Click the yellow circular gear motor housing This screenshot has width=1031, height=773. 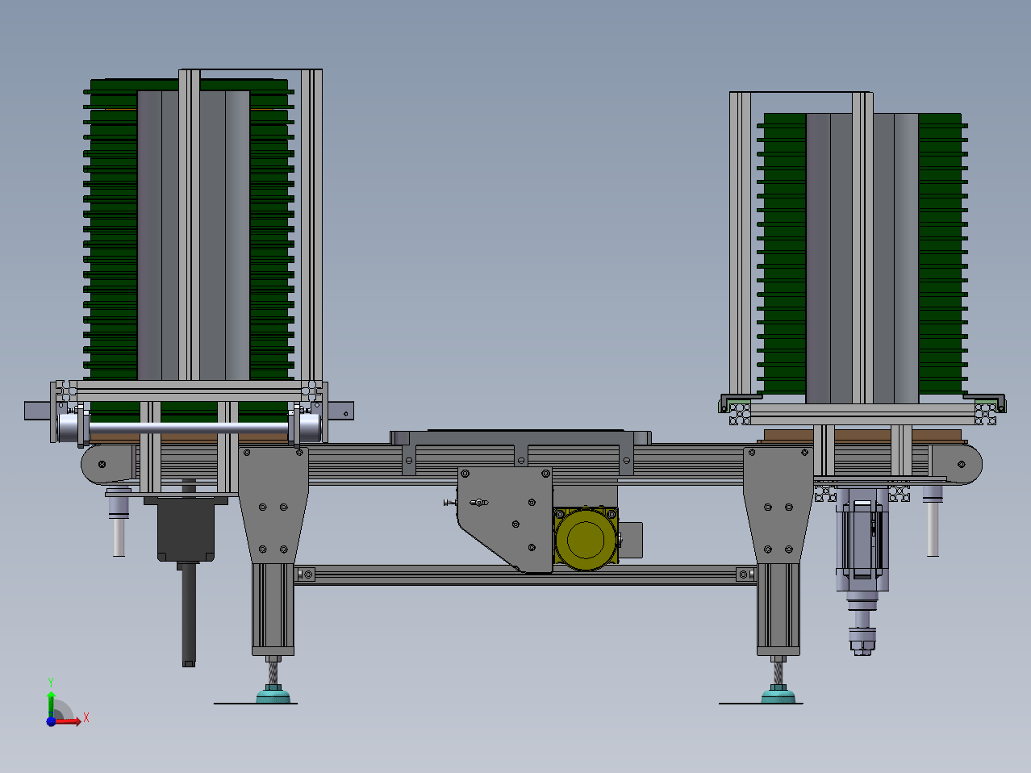point(585,540)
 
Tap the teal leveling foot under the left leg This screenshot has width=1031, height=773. point(273,695)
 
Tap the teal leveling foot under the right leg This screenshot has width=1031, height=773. point(778,695)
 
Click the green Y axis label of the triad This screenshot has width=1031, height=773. point(51,683)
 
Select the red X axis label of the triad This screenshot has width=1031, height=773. point(86,717)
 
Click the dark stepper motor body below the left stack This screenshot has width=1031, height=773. point(186,529)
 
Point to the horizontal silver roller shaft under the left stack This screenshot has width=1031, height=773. point(188,428)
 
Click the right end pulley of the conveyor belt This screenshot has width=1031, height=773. point(960,465)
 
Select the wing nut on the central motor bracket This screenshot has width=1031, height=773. point(478,503)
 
